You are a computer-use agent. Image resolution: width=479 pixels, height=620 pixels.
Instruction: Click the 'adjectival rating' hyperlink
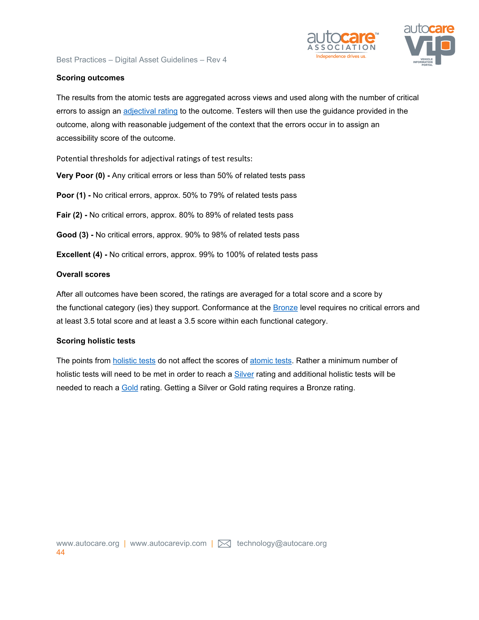150,111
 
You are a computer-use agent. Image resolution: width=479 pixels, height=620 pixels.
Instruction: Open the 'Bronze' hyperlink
285,307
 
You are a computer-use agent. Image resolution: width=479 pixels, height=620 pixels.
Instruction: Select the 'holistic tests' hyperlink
134,361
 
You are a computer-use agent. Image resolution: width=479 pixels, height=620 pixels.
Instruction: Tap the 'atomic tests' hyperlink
271,361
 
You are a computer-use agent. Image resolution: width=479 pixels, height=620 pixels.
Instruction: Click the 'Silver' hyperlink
244,374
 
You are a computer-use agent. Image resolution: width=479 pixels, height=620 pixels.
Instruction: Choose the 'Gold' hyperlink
130,387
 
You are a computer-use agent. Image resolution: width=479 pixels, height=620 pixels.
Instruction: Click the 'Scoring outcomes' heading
90,78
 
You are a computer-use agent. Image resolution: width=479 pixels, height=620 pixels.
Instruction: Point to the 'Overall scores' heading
83,274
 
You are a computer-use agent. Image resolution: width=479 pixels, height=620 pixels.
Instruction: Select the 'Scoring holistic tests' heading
96,341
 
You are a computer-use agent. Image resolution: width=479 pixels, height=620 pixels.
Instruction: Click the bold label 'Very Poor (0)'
81,175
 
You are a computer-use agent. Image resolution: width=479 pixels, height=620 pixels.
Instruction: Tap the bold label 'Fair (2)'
69,215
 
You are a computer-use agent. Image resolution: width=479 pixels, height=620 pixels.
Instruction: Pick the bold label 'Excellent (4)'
79,254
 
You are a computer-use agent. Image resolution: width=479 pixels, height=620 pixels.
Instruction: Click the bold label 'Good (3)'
72,235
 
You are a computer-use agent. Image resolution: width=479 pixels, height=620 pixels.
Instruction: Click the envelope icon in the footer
224,544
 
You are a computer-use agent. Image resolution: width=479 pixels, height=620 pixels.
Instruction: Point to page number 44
60,552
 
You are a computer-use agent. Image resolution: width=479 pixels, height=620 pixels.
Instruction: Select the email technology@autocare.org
282,543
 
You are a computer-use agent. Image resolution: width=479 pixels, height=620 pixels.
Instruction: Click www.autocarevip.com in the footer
168,543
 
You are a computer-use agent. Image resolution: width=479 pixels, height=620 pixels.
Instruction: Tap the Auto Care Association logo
342,41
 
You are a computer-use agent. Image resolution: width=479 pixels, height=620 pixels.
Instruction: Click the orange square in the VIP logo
445,45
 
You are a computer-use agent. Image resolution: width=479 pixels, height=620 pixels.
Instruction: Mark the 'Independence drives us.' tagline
341,56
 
